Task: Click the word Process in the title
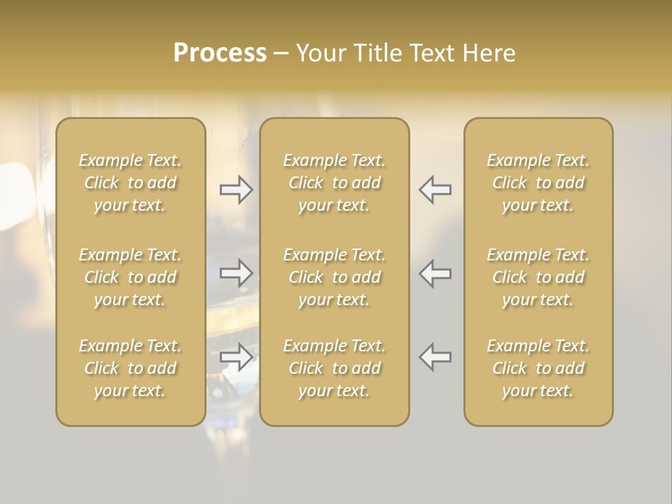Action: tap(220, 52)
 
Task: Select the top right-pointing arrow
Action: tap(237, 190)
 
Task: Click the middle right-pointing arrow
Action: tap(237, 273)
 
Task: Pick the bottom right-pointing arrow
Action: tap(237, 357)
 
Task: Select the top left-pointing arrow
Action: tap(435, 190)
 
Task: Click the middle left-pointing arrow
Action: tap(435, 273)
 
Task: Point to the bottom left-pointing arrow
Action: tap(435, 357)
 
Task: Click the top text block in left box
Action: tap(130, 183)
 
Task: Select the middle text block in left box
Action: tap(130, 277)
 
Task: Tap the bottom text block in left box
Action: tap(130, 368)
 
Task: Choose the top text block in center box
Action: tap(335, 183)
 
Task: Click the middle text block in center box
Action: tap(335, 277)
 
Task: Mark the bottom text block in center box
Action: tap(335, 368)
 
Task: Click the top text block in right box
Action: tap(538, 183)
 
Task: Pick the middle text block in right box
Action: tap(538, 277)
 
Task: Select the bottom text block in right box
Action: tap(538, 368)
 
